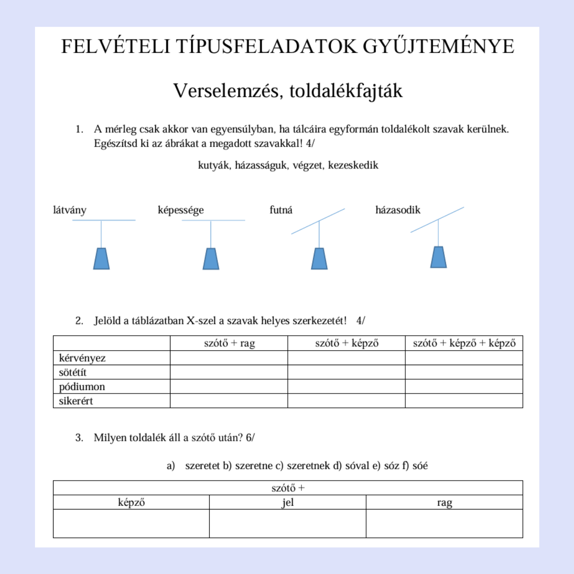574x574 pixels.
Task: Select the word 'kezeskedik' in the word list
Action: point(353,165)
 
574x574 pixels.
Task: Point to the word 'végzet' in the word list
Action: point(307,165)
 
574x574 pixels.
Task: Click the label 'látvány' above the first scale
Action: point(70,210)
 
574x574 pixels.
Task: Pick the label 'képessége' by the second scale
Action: point(180,210)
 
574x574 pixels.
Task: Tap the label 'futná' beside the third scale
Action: point(281,210)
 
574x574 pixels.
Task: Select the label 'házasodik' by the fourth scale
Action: point(398,210)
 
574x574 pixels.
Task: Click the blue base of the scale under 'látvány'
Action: point(101,259)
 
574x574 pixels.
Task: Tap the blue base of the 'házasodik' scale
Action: point(438,257)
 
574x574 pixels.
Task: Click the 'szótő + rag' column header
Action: point(229,343)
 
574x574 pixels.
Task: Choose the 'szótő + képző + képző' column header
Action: point(464,343)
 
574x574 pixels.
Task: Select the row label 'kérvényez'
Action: point(82,358)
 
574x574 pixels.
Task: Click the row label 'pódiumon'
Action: point(82,387)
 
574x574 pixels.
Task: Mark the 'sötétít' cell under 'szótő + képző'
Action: point(346,372)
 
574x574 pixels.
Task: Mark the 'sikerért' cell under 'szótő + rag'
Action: point(229,401)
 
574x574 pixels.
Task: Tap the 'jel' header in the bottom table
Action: point(288,502)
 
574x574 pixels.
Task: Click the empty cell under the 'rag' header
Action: point(444,523)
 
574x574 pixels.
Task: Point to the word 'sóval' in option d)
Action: point(357,466)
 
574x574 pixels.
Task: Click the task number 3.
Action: point(79,438)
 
